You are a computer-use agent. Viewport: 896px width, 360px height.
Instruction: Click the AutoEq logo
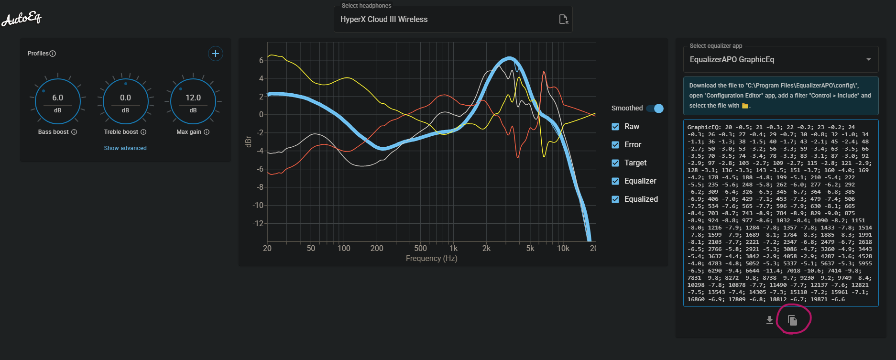[x=22, y=19]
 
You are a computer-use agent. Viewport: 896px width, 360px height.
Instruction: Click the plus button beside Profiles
[x=216, y=54]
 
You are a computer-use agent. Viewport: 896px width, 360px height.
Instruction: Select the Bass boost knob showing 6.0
[x=58, y=102]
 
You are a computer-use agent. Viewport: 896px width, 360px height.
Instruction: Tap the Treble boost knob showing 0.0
[x=125, y=102]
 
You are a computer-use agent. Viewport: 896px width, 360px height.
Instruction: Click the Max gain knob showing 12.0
[x=193, y=102]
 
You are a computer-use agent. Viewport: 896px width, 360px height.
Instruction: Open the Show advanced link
[x=125, y=148]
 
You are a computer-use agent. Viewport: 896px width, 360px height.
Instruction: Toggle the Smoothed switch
[x=655, y=109]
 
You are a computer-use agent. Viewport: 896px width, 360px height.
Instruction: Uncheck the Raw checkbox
[x=615, y=127]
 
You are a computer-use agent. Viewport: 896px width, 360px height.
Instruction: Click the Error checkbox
[x=615, y=145]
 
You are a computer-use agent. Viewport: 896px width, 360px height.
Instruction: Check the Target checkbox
[x=615, y=163]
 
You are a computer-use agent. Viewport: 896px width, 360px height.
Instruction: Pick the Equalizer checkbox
[x=615, y=181]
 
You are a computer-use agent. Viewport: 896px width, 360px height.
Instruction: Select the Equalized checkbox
[x=615, y=199]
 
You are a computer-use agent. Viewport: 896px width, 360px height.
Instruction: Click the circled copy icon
[x=792, y=320]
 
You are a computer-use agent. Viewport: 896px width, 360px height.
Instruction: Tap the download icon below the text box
[x=769, y=320]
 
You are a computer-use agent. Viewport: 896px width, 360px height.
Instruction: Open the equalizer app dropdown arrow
[x=868, y=60]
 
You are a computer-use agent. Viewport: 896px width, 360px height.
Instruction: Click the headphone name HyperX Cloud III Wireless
[x=384, y=20]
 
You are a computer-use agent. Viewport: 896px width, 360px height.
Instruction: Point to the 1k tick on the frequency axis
[x=453, y=248]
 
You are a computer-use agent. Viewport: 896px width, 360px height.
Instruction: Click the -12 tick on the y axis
[x=258, y=223]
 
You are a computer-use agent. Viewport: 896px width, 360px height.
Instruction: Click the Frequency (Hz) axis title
[x=431, y=259]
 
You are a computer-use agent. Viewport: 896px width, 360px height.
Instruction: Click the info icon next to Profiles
[x=53, y=54]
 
